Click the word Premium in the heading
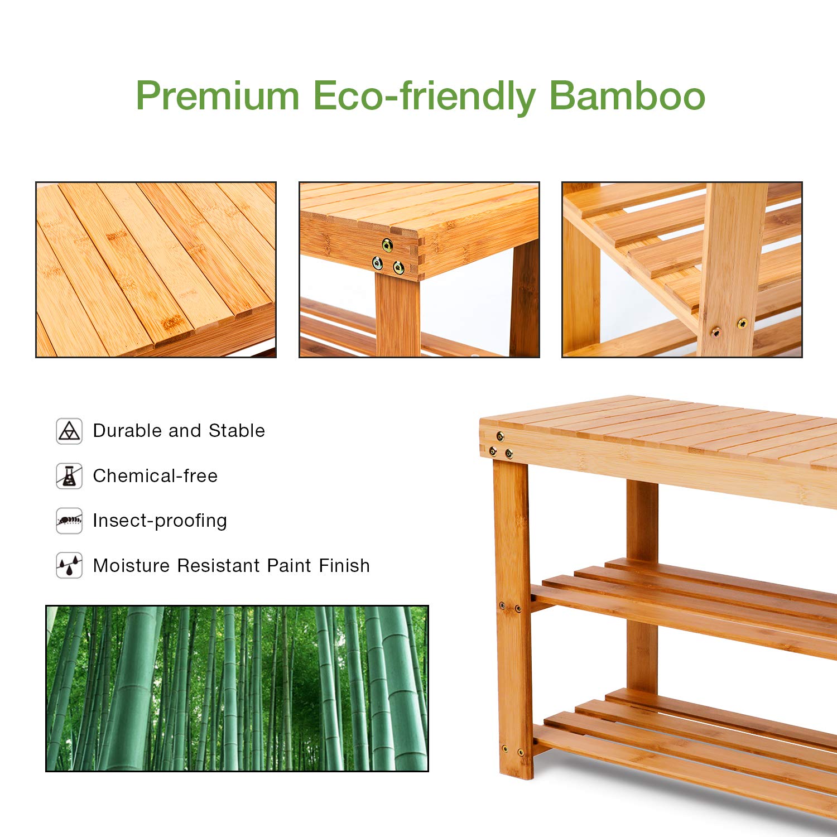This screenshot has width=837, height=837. [218, 96]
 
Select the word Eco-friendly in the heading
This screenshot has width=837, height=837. [424, 96]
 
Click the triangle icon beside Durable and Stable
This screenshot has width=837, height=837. [69, 431]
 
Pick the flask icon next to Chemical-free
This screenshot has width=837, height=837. [69, 476]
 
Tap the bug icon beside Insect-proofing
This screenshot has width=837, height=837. [69, 521]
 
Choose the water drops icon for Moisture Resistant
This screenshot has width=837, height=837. [69, 565]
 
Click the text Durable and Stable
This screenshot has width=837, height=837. [179, 431]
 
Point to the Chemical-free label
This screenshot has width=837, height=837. [155, 476]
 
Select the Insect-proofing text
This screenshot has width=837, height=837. [160, 521]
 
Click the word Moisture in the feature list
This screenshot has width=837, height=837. [131, 566]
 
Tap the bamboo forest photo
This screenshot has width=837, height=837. [237, 689]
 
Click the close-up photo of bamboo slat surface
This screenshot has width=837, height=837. [156, 270]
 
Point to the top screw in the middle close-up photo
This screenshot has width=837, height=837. [387, 244]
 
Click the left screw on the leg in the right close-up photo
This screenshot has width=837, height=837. [716, 333]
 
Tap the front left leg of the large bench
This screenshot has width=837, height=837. [513, 614]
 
